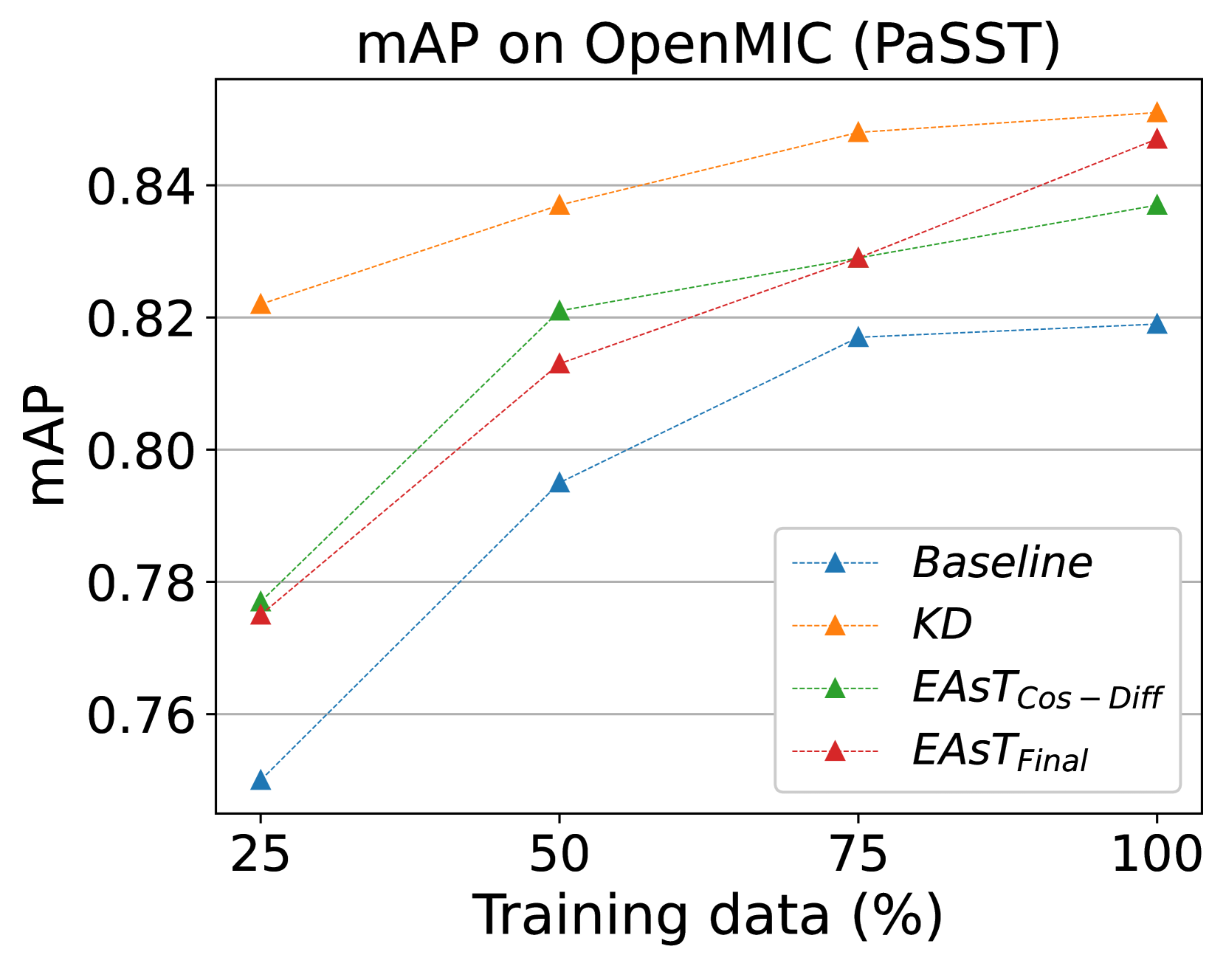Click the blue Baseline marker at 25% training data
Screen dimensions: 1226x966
[x=261, y=780]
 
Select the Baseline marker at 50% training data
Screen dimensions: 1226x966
[x=559, y=483]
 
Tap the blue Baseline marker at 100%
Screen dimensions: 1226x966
[x=1157, y=324]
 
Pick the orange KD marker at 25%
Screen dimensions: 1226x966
[x=261, y=304]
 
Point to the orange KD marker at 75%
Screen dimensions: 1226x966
[x=858, y=132]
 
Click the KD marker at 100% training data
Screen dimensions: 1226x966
[x=1157, y=112]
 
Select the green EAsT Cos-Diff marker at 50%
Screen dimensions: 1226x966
[x=559, y=311]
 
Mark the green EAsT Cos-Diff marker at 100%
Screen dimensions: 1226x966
[x=1157, y=204]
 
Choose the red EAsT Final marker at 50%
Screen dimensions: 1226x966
[x=559, y=364]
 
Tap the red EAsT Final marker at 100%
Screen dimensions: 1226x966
[x=1157, y=139]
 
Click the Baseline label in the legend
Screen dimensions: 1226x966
[x=1002, y=563]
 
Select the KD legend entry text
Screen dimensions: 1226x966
[x=942, y=625]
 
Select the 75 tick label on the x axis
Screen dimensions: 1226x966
[x=858, y=855]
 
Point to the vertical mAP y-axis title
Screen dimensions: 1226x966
[x=46, y=446]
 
